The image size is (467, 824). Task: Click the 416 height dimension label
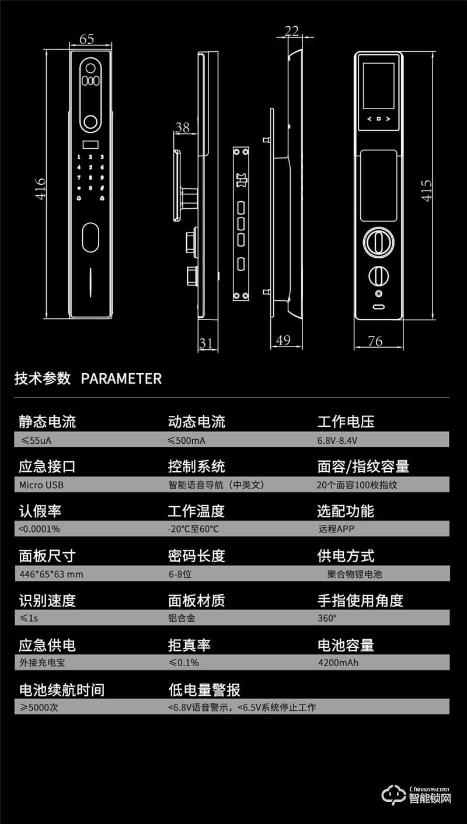click(41, 188)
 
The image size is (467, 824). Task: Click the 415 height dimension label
click(427, 190)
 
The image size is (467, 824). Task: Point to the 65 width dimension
click(86, 39)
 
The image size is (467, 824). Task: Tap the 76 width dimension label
click(375, 341)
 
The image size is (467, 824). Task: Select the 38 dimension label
click(183, 127)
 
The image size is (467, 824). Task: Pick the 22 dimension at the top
click(292, 30)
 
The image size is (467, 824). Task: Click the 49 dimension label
click(283, 340)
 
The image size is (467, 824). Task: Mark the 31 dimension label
click(206, 343)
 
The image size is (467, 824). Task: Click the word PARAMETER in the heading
click(121, 378)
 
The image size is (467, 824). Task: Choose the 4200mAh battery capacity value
click(338, 662)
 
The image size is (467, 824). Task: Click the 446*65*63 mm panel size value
click(51, 574)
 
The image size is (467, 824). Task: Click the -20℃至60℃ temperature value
click(193, 529)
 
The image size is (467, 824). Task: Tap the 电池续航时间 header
click(61, 690)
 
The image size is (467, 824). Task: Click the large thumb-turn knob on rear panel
click(378, 242)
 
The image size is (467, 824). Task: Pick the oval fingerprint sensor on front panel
click(90, 237)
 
